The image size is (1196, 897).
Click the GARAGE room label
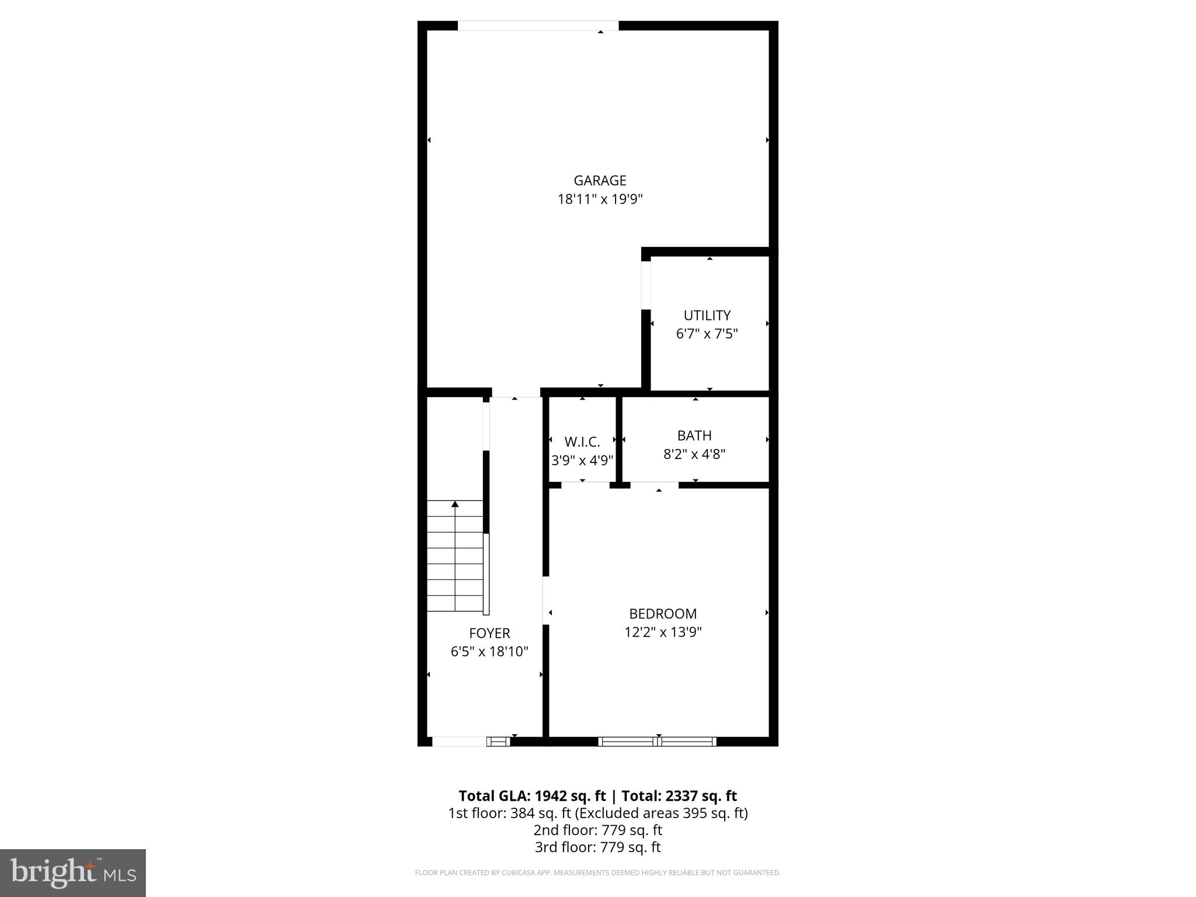(600, 181)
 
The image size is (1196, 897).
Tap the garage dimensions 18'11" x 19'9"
(600, 200)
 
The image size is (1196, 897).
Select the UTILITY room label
(707, 316)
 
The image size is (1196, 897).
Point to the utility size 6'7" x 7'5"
(707, 334)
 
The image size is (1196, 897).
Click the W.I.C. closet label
(582, 442)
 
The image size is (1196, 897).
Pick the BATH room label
(694, 436)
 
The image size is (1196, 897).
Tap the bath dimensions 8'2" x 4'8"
(694, 454)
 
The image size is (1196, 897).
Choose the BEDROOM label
(663, 614)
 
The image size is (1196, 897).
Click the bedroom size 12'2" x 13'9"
(663, 632)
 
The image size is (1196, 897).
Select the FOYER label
(489, 633)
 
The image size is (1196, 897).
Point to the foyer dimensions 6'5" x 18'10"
(489, 652)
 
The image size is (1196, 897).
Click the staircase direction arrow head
(455, 504)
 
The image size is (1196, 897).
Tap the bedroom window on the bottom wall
(658, 742)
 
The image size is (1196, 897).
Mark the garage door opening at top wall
(537, 26)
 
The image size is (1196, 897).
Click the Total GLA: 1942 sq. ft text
(533, 796)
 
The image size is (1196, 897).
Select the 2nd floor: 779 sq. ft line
(597, 830)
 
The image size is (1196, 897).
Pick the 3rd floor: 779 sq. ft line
(597, 847)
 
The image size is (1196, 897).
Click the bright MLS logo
(73, 873)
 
